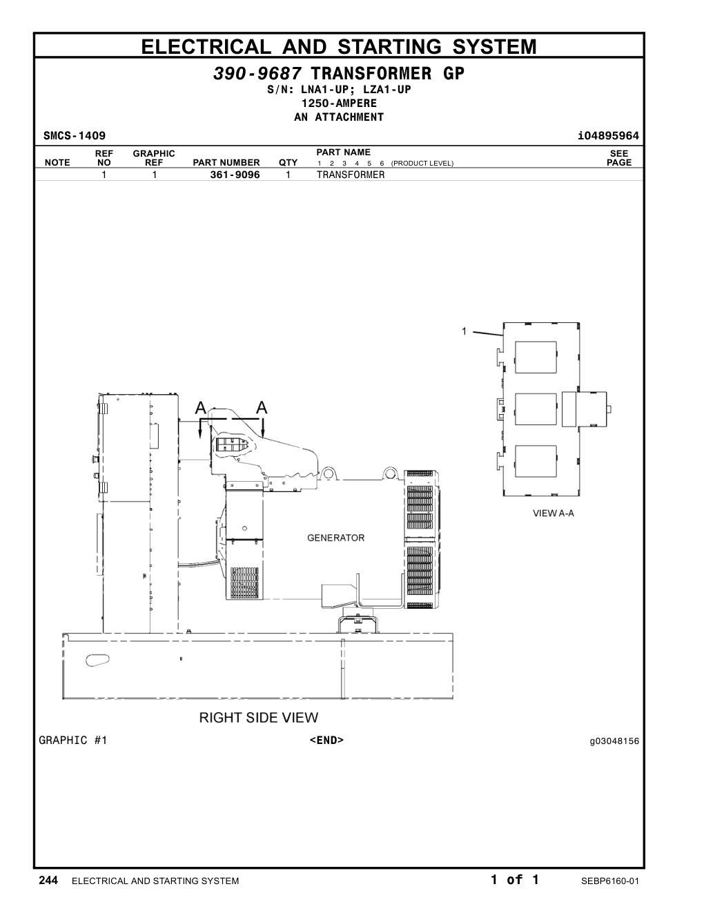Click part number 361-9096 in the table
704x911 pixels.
pyautogui.click(x=235, y=175)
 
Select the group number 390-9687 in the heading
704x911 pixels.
pyautogui.click(x=257, y=74)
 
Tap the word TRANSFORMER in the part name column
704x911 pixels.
pyautogui.click(x=351, y=175)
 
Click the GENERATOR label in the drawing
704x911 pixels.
pyautogui.click(x=336, y=538)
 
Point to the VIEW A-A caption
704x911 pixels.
pyautogui.click(x=553, y=513)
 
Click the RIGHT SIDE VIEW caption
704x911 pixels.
pyautogui.click(x=259, y=718)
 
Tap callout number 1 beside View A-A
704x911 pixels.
pyautogui.click(x=465, y=331)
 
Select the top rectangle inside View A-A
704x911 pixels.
pyautogui.click(x=536, y=357)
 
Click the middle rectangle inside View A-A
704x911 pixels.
pyautogui.click(x=536, y=409)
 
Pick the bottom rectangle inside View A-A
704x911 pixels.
pyautogui.click(x=536, y=462)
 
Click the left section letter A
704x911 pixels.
pyautogui.click(x=201, y=407)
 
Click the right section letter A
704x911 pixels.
pyautogui.click(x=262, y=407)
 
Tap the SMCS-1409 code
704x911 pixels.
pyautogui.click(x=75, y=136)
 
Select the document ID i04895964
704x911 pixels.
pyautogui.click(x=608, y=136)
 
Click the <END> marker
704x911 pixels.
pyautogui.click(x=326, y=741)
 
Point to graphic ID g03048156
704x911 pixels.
pyautogui.click(x=614, y=741)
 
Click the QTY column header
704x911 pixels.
pyautogui.click(x=288, y=163)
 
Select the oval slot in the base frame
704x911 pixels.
pyautogui.click(x=97, y=660)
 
